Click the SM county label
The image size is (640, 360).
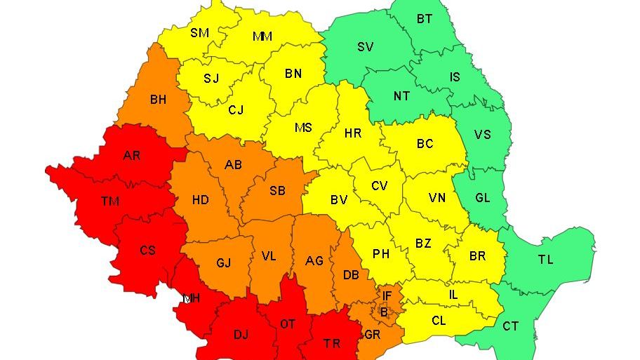coord(199,32)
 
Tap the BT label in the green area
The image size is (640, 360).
coord(425,19)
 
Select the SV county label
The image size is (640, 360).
coord(365,47)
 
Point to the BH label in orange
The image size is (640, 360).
coord(158,100)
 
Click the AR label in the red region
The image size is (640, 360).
coord(132,155)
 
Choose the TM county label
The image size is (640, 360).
coord(109,201)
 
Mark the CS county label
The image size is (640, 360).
coord(147,250)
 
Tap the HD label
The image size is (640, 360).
coord(201,200)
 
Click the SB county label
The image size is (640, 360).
coord(277,191)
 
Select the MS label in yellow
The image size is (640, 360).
coord(303,128)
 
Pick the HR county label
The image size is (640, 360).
coord(352,132)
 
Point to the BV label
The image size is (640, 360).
coord(339,200)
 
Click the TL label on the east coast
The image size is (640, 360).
coord(545,260)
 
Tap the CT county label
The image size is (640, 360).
coord(511,326)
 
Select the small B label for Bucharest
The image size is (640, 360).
coord(383,312)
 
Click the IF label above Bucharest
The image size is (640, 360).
coord(387,296)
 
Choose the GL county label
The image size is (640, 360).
coord(483,198)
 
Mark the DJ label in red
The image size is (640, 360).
coord(241,335)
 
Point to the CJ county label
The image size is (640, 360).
coord(236,109)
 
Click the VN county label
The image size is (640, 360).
coord(437,198)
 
